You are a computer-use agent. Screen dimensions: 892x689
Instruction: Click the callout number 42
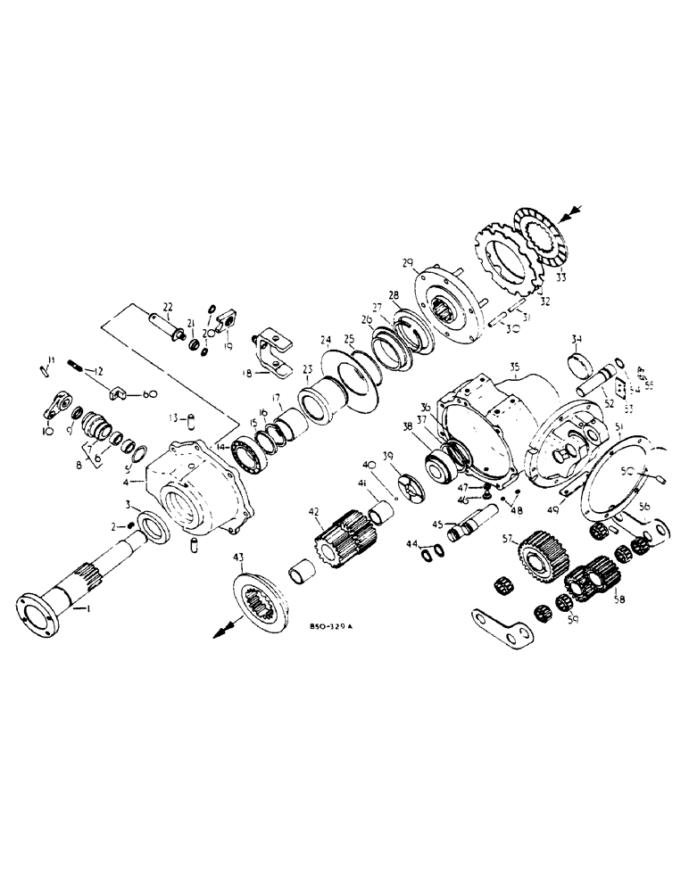click(x=311, y=512)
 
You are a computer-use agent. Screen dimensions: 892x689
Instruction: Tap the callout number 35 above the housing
click(x=513, y=367)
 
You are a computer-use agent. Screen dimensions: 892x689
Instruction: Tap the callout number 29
click(x=408, y=262)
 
